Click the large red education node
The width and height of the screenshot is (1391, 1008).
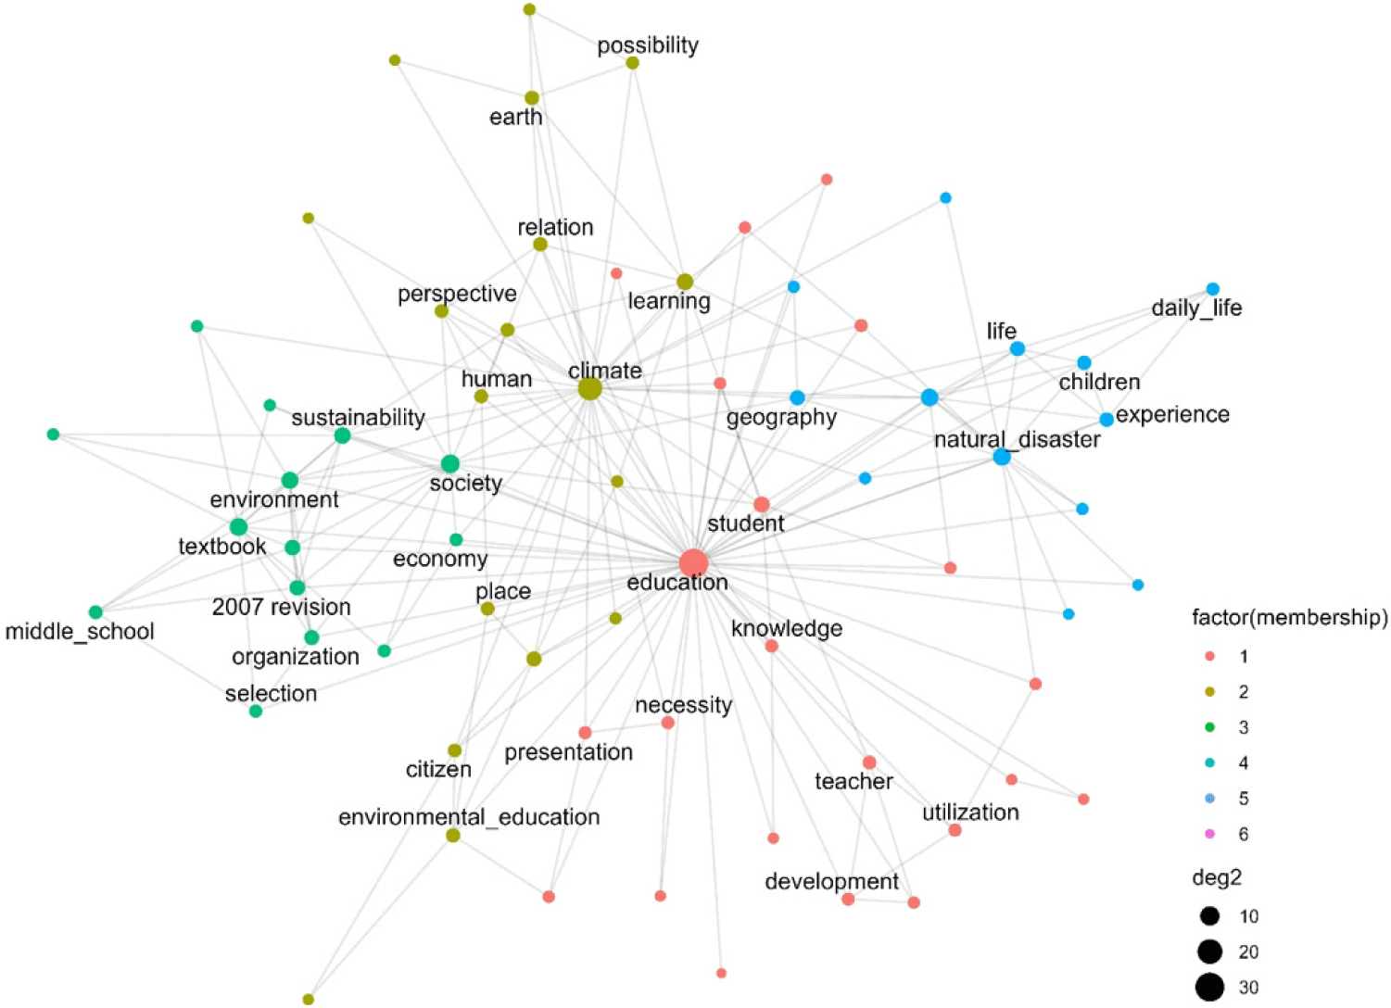point(693,563)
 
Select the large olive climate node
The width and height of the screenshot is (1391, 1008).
point(590,389)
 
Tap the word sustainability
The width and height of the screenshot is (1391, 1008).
point(359,418)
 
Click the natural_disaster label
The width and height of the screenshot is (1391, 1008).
point(1018,439)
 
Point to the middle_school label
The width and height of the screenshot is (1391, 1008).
point(80,631)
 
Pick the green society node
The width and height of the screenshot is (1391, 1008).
point(450,463)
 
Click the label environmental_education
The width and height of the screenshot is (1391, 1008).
point(469,817)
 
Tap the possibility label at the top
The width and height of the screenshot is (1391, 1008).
point(648,45)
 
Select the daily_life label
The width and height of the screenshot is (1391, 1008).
point(1196,308)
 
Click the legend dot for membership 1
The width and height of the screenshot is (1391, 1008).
point(1209,656)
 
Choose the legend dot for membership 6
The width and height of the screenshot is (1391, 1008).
point(1209,834)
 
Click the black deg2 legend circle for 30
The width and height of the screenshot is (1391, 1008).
point(1209,987)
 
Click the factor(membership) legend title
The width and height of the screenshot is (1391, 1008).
point(1290,618)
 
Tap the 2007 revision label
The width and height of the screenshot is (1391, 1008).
point(282,607)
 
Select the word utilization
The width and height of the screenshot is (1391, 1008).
point(970,812)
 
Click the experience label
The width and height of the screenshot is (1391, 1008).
point(1172,415)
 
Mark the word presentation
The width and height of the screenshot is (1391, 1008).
point(568,752)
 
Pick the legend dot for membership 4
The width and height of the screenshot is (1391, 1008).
point(1209,762)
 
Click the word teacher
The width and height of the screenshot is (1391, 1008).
point(854,781)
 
